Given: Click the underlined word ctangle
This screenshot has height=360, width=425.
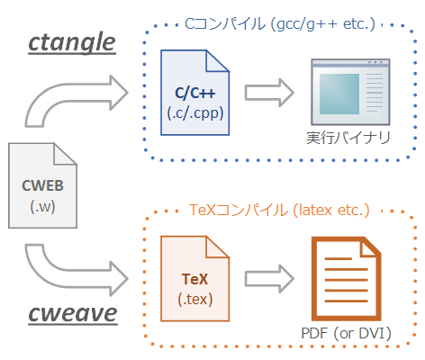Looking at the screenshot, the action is coord(72,43).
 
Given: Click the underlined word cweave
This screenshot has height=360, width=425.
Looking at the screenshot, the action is coord(73,313).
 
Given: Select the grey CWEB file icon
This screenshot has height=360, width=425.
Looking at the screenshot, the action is coord(42,185).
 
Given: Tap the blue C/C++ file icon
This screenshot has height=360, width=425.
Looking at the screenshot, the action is coord(195,93).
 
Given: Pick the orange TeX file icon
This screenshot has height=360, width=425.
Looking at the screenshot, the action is coord(195,279).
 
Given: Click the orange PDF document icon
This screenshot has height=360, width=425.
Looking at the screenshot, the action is coord(346,279).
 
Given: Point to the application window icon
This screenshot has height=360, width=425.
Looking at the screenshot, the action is coord(350,92).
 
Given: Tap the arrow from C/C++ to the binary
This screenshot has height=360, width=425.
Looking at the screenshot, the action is coord(269,93).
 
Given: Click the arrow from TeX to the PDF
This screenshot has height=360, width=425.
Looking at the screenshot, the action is coord(269,279).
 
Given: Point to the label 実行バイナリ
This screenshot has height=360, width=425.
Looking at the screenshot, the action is coord(348,138).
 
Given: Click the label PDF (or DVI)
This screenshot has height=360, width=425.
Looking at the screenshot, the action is coord(347,333).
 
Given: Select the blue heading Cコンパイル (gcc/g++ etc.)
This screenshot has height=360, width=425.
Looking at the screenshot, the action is coord(280,24).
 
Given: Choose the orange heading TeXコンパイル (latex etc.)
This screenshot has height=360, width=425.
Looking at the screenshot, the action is coord(279,210).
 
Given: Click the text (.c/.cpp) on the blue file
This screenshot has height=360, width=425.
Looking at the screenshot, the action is coord(195,113).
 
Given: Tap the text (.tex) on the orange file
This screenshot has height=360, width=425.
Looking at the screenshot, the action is coord(195,300).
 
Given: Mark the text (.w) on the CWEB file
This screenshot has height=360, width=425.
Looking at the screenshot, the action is coord(42,206).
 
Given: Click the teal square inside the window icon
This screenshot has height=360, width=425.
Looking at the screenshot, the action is coord(339,94).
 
